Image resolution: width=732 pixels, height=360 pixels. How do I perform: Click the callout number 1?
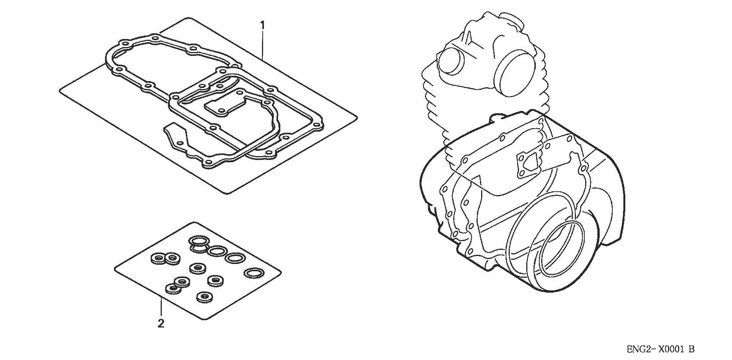coord(262,25)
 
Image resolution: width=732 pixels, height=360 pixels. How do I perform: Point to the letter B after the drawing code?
coord(691,349)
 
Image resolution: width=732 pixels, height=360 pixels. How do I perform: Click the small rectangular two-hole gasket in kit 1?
coord(224,104)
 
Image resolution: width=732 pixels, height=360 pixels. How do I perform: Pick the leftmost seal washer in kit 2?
coord(157,258)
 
